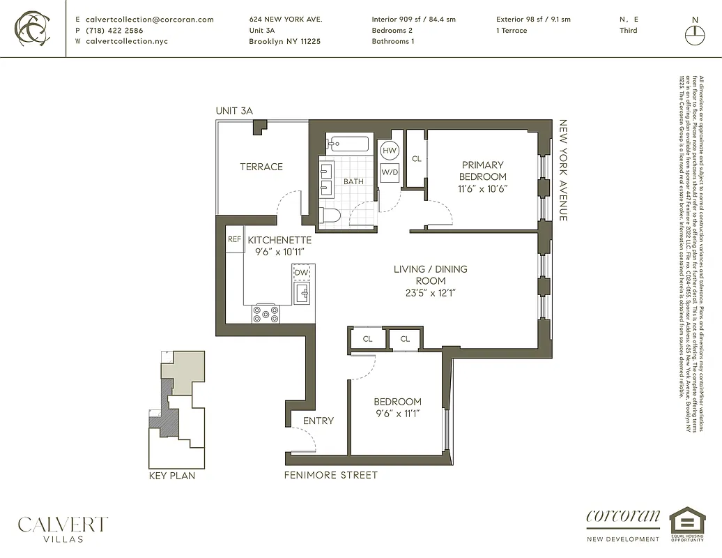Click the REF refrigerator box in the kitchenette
[x=235, y=239]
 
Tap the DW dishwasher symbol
[x=302, y=272]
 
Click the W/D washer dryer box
[x=390, y=172]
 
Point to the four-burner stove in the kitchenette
[x=266, y=315]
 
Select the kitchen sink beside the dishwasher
[x=302, y=294]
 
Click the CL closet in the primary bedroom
[x=416, y=159]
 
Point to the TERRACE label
[x=261, y=167]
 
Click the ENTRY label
[x=318, y=421]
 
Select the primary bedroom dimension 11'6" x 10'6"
[x=482, y=188]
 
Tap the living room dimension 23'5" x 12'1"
[x=430, y=292]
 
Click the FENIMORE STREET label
[x=330, y=475]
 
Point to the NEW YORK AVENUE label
[x=563, y=170]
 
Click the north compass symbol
[x=693, y=33]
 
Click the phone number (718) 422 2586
[x=114, y=31]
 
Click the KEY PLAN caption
[x=172, y=476]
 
